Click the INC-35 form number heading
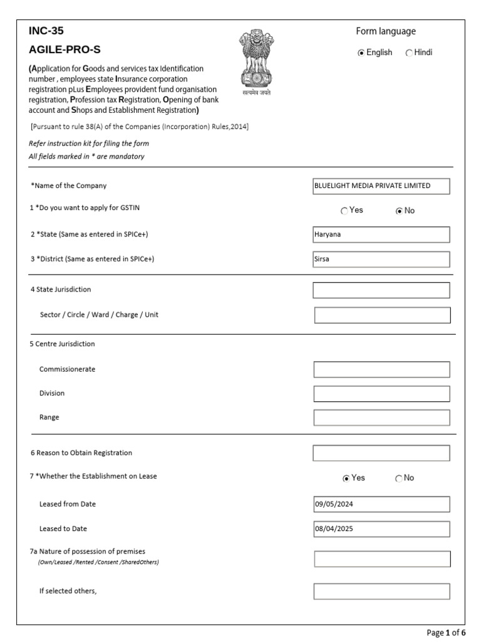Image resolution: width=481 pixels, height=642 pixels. click(x=46, y=31)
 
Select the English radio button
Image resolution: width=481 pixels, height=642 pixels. click(x=361, y=53)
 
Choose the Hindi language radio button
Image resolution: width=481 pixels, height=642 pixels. click(x=409, y=53)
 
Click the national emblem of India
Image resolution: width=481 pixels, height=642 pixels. click(x=257, y=61)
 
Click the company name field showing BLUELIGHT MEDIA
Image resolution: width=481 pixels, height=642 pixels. click(x=381, y=186)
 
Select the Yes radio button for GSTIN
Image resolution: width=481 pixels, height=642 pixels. click(x=344, y=211)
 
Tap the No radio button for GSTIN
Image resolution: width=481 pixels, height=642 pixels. click(x=399, y=211)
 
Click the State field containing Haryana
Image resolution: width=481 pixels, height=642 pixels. click(x=381, y=234)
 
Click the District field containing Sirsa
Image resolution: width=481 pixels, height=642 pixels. click(x=381, y=260)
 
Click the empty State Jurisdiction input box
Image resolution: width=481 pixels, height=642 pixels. click(x=381, y=290)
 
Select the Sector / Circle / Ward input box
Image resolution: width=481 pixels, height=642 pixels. click(x=382, y=315)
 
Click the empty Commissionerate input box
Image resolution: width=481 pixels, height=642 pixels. click(x=381, y=370)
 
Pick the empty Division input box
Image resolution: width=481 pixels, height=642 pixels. click(x=381, y=394)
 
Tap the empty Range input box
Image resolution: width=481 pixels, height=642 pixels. click(x=381, y=418)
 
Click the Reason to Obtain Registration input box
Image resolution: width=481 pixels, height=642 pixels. click(x=381, y=453)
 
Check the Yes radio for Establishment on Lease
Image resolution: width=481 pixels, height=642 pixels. click(x=346, y=478)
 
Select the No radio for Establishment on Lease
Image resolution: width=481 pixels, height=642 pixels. click(x=399, y=478)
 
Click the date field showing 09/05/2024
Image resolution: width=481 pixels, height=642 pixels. click(x=381, y=505)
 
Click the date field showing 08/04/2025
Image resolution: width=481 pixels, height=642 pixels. click(x=381, y=529)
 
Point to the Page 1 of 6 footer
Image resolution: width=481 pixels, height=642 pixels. click(x=447, y=633)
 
